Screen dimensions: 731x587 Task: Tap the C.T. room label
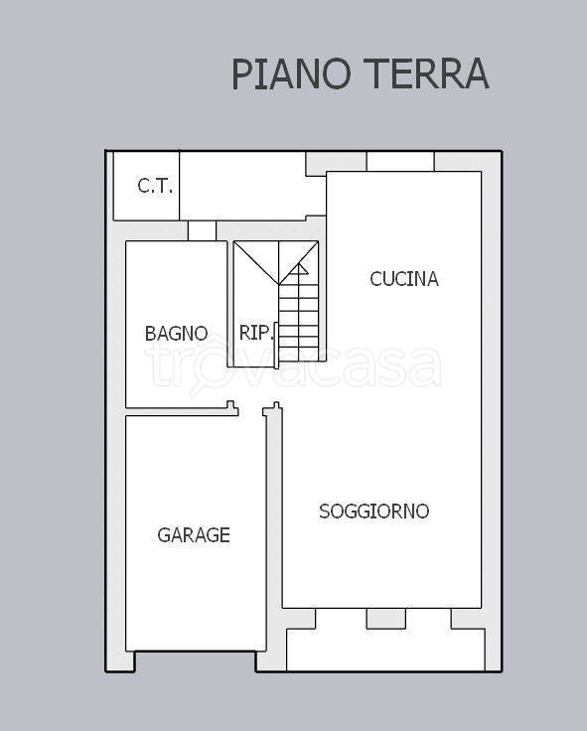(154, 186)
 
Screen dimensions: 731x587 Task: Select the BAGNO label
(176, 334)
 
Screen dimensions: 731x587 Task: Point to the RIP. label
(255, 334)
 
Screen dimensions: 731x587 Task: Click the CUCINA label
(403, 279)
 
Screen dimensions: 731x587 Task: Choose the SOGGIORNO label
(373, 512)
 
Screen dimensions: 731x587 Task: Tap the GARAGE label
(194, 535)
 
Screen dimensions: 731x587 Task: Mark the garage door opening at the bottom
(195, 661)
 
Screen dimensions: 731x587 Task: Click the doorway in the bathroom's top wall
(202, 231)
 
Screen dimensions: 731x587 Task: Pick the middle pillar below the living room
(385, 618)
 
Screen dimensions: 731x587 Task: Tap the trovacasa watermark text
(293, 366)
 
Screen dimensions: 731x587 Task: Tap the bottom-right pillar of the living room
(466, 618)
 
